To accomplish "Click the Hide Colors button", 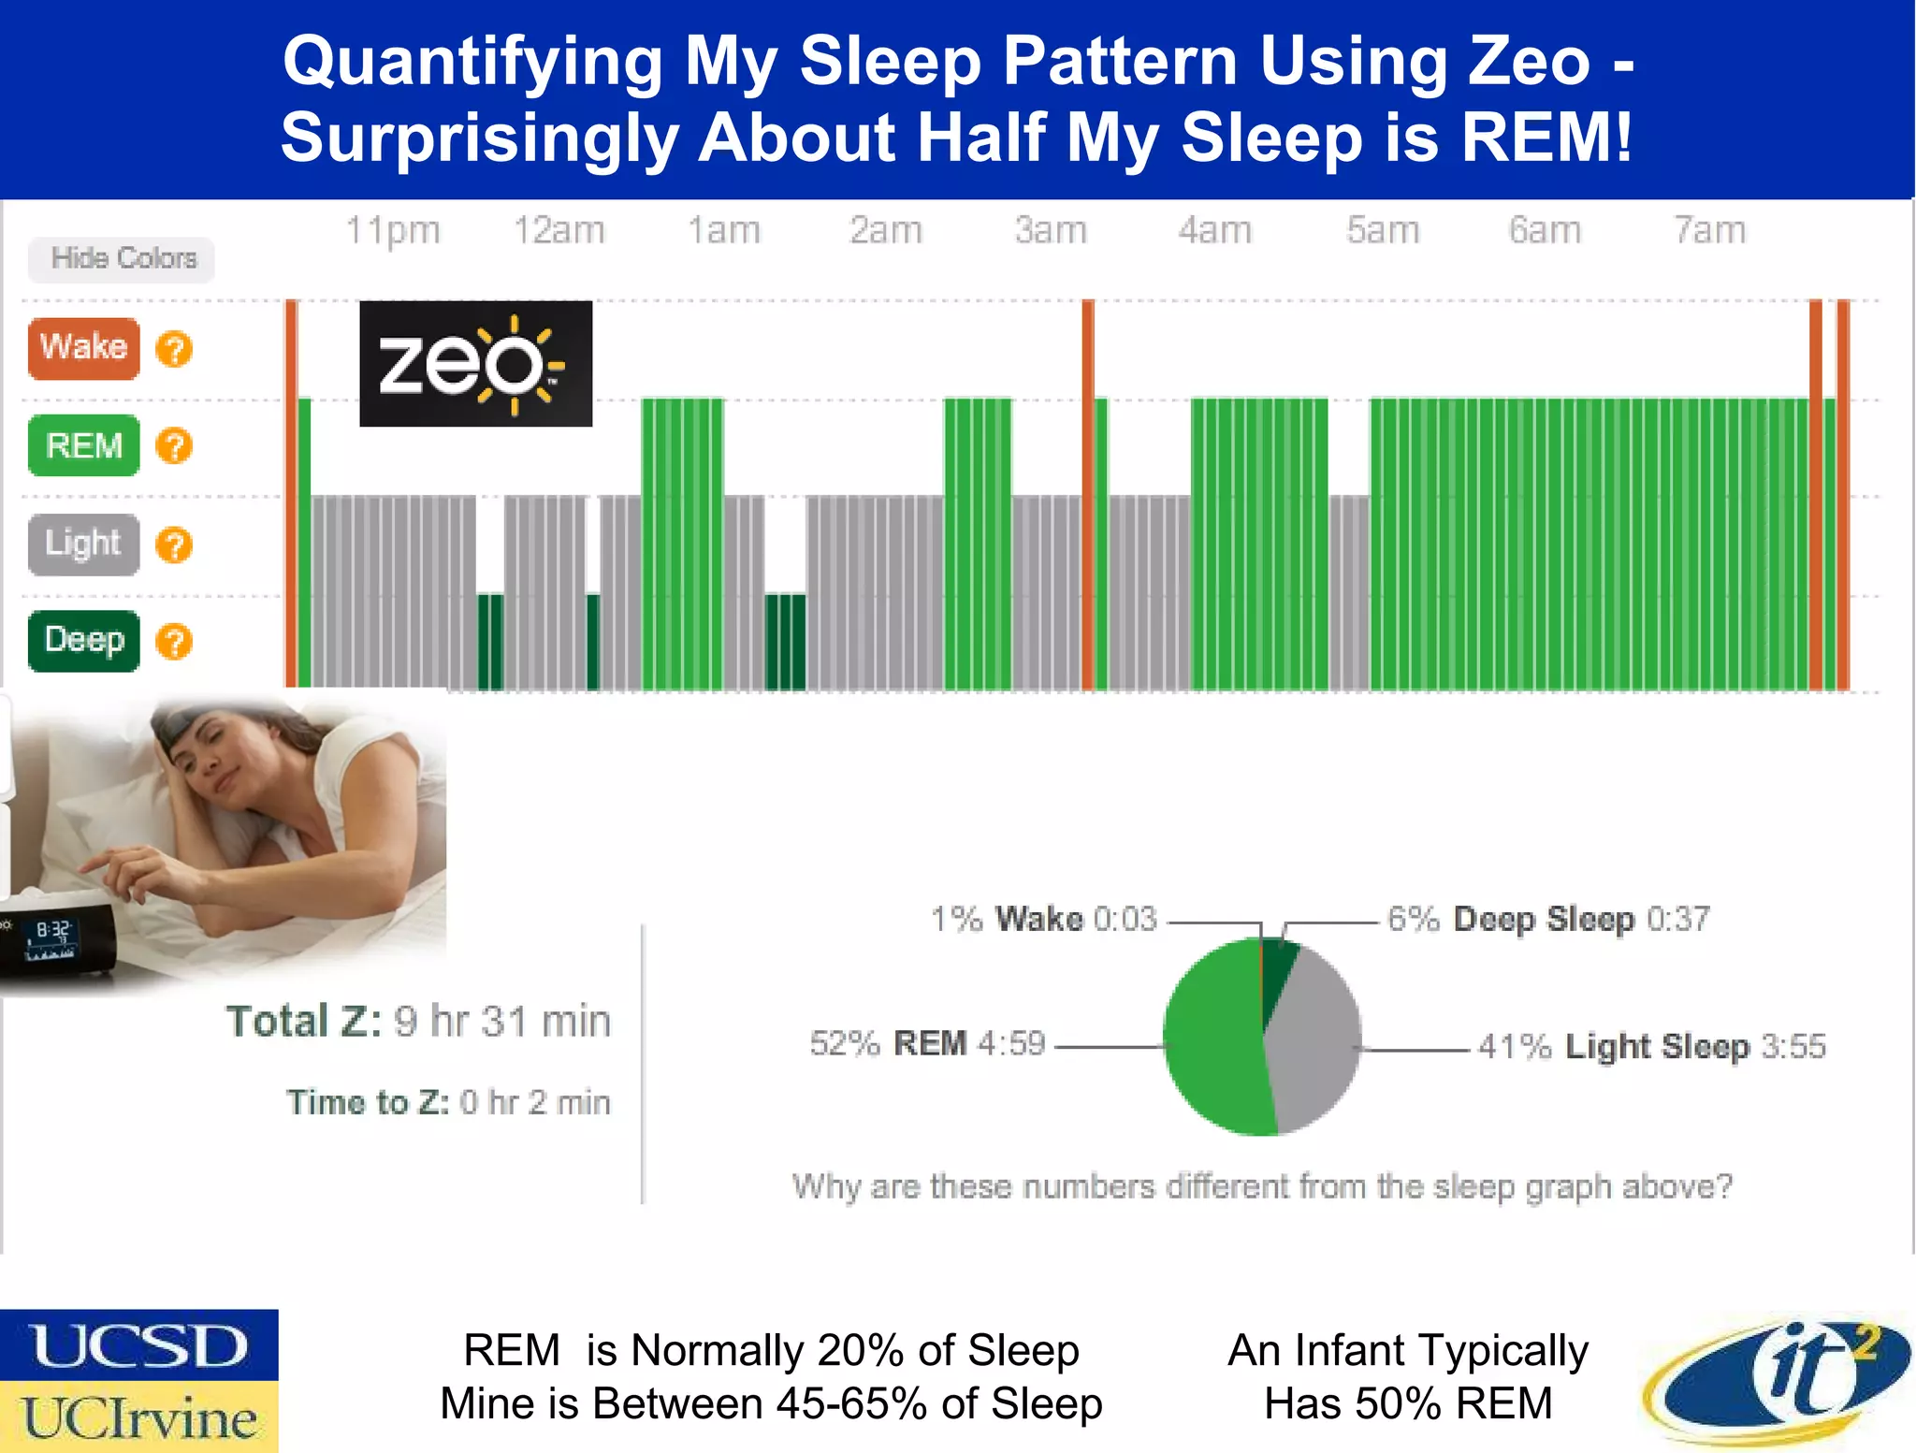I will [x=122, y=259].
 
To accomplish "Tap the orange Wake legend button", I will [x=84, y=348].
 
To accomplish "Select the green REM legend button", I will [x=84, y=445].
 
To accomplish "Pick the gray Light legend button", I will [x=84, y=544].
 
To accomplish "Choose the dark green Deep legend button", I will [x=84, y=641].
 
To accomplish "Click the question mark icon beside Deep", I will [x=174, y=642].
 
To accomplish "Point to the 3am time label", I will [x=1051, y=230].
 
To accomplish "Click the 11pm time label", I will [x=393, y=230].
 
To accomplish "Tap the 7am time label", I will [x=1709, y=230].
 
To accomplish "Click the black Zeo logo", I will [x=475, y=363].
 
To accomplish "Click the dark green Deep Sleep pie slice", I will [x=1278, y=973].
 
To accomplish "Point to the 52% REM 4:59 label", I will [x=927, y=1043].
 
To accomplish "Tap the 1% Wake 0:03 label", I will [x=1043, y=919].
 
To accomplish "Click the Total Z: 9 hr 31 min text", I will [x=418, y=1021].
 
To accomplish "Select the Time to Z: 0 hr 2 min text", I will [x=448, y=1102].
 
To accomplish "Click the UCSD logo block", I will [x=139, y=1345].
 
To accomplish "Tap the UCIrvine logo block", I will [x=139, y=1417].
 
